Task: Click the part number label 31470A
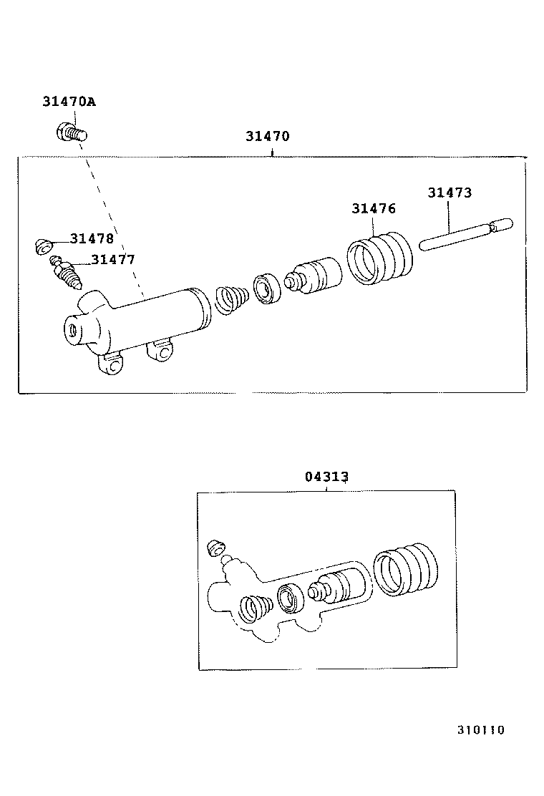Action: pyautogui.click(x=69, y=102)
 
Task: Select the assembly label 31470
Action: pyautogui.click(x=267, y=136)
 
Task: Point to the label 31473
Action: pyautogui.click(x=450, y=193)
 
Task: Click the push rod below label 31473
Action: pyautogui.click(x=465, y=236)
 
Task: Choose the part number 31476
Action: pyautogui.click(x=373, y=208)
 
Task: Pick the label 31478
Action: pyautogui.click(x=92, y=238)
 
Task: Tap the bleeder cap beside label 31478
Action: pyautogui.click(x=44, y=246)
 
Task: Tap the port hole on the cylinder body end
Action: pyautogui.click(x=72, y=331)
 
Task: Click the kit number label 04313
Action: pyautogui.click(x=327, y=477)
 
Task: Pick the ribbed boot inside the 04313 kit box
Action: pyautogui.click(x=405, y=570)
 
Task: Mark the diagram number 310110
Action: pyautogui.click(x=481, y=730)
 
